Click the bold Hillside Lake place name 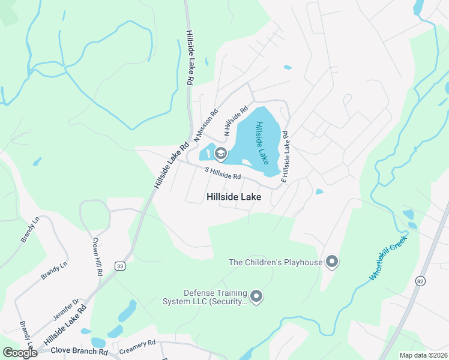point(234,196)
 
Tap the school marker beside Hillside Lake point(220,154)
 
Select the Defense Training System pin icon point(256,296)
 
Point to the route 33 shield point(120,266)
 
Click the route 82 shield point(419,280)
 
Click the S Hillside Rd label point(223,173)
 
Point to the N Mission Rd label point(205,125)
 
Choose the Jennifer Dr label point(67,310)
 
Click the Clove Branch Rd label point(79,350)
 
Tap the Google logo point(19,353)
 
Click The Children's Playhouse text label point(276,262)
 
